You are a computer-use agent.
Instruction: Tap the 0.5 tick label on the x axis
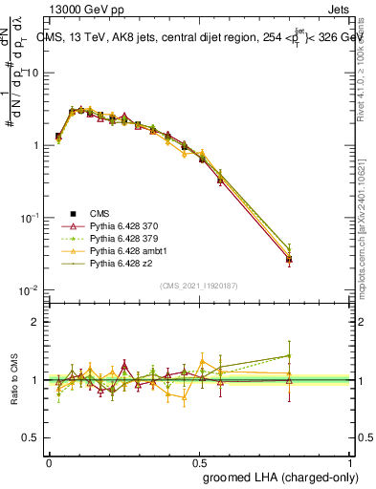coord(198,462)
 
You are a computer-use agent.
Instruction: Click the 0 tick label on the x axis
coord(49,462)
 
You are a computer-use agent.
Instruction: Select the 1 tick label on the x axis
coord(348,462)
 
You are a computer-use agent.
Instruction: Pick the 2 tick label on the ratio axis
coord(34,322)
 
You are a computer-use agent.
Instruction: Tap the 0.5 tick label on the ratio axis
coord(31,438)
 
